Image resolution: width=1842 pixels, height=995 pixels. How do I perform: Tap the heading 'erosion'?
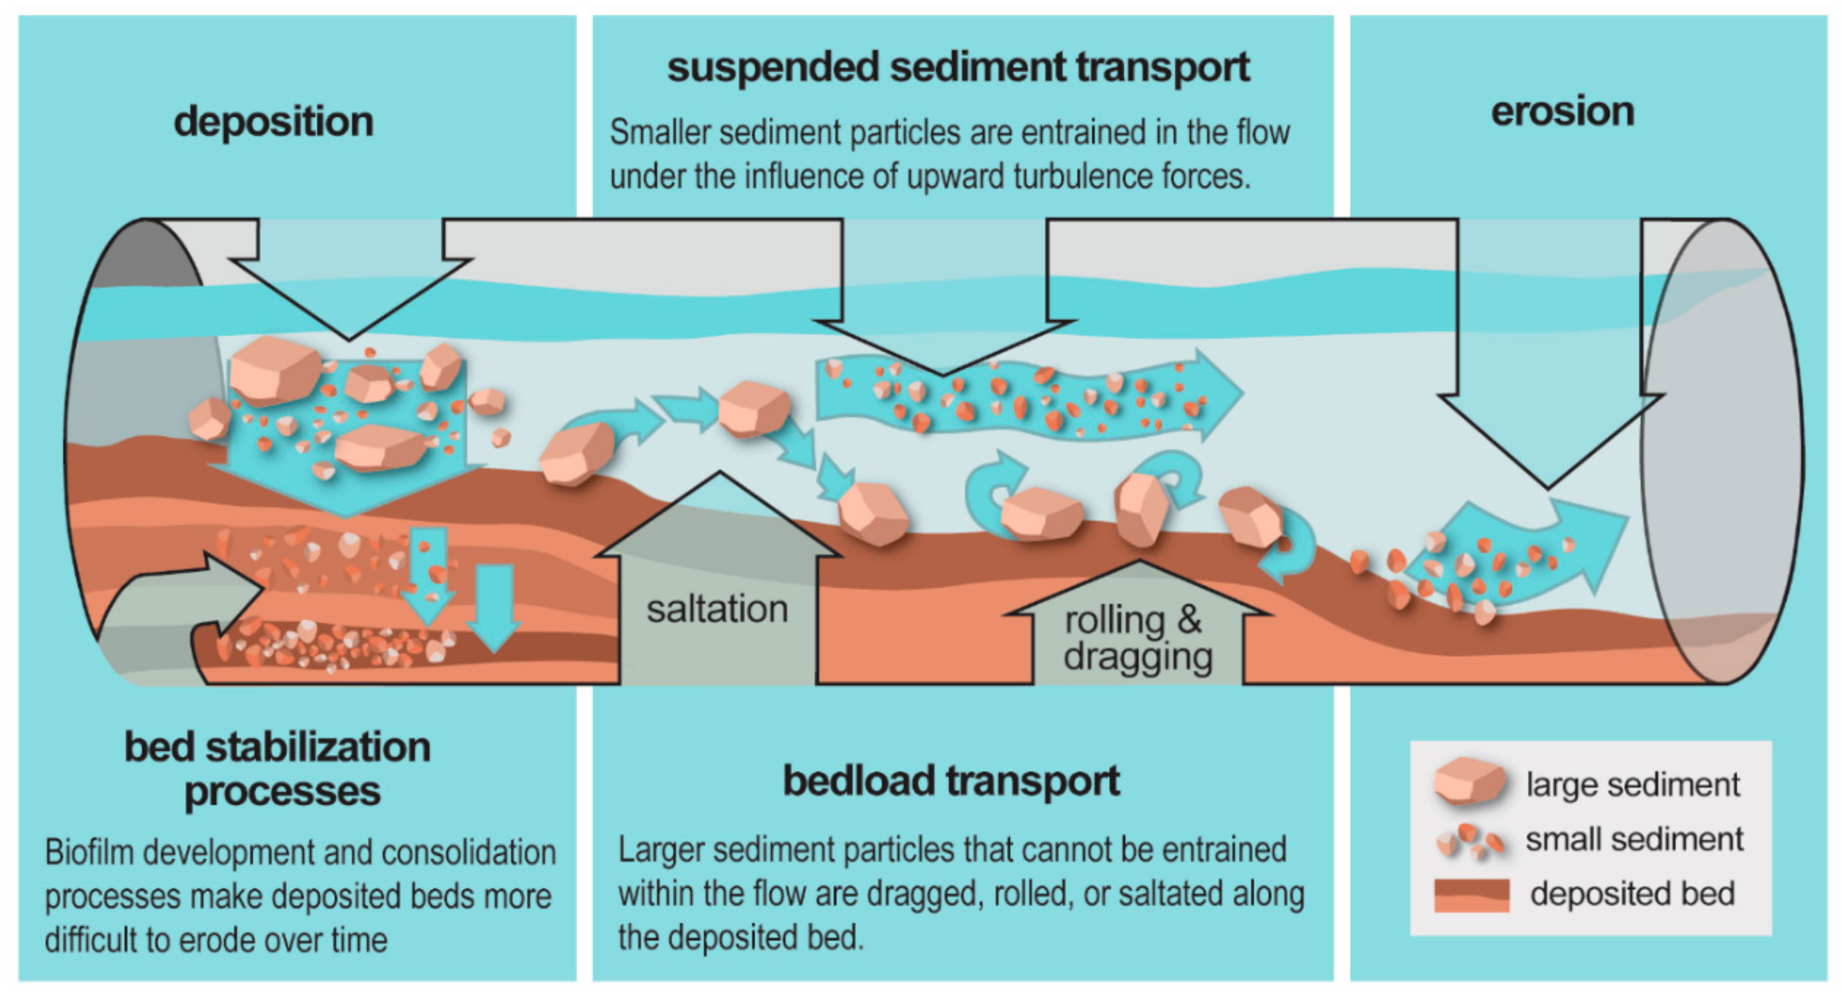pyautogui.click(x=1563, y=112)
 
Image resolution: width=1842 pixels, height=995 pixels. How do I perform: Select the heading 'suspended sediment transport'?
pyautogui.click(x=958, y=67)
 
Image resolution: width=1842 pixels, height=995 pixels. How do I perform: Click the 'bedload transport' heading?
pyautogui.click(x=951, y=780)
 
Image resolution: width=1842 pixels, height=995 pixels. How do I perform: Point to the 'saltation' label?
pyautogui.click(x=717, y=610)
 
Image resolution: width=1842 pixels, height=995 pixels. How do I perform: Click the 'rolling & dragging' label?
pyautogui.click(x=1138, y=638)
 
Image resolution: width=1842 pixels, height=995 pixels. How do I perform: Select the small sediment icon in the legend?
pyautogui.click(x=1471, y=841)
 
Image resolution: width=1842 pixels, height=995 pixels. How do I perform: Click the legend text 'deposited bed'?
pyautogui.click(x=1633, y=894)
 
